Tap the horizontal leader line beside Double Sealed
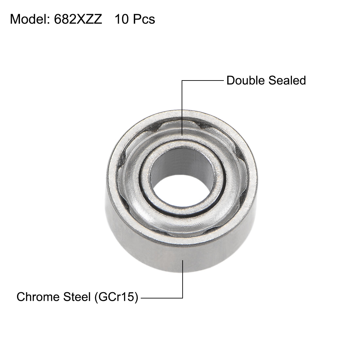tap(203, 80)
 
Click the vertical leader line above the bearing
tap(182, 108)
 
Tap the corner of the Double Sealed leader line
tap(182, 80)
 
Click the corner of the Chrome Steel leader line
tap(182, 297)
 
